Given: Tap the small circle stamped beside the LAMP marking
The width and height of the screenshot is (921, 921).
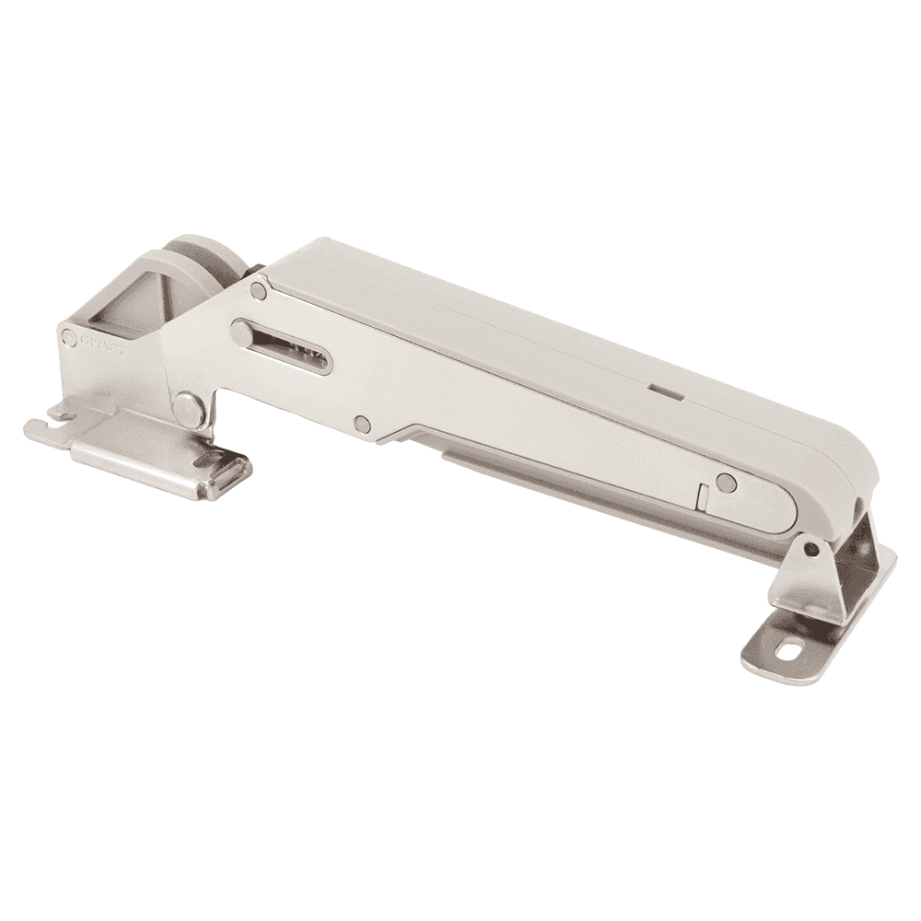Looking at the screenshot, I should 69,338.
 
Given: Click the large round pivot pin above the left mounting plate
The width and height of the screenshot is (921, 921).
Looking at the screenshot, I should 189,408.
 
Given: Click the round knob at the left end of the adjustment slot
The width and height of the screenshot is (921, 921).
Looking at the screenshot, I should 242,333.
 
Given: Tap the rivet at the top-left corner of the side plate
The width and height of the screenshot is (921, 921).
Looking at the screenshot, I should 259,291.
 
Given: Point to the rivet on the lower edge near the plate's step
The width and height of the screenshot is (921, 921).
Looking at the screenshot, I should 362,424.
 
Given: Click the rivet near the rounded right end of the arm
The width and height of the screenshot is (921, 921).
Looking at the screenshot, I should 727,481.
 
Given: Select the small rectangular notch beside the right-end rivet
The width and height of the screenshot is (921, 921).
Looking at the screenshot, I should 702,498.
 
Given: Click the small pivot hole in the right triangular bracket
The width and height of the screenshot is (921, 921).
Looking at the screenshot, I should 810,550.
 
